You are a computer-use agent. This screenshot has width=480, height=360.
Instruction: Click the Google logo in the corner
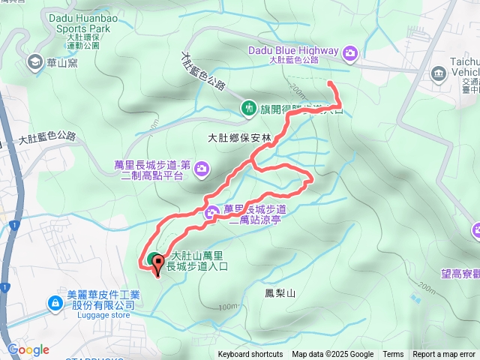28,349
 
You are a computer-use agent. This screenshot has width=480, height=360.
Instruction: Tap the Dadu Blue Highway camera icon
350,52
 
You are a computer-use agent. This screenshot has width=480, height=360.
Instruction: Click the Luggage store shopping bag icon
55,303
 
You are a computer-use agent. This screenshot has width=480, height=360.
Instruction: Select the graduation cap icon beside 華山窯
34,62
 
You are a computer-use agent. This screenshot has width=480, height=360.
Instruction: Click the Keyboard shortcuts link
250,355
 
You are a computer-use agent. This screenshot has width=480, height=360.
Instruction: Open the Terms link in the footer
393,355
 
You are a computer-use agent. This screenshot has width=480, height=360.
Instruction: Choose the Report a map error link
445,355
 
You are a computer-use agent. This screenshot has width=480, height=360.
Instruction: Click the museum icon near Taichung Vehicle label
439,73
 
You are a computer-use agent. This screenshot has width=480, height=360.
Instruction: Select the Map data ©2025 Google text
332,355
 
